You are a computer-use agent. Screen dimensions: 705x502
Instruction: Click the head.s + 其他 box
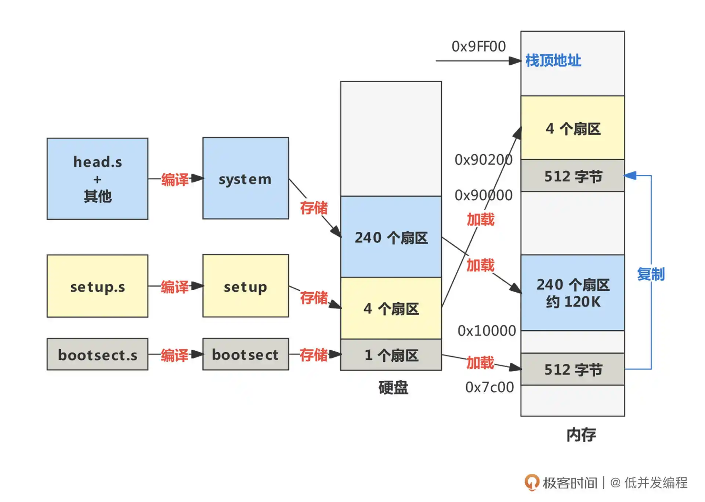click(97, 179)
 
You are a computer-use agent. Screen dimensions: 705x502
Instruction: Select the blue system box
click(246, 178)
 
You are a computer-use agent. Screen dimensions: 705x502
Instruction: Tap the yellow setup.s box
click(97, 286)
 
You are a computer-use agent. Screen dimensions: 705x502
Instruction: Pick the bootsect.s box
click(97, 354)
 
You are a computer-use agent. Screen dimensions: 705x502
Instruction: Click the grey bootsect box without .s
click(246, 354)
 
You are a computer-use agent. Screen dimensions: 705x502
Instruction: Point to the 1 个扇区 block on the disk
click(391, 355)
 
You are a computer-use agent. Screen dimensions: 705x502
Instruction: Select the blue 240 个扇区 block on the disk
click(391, 237)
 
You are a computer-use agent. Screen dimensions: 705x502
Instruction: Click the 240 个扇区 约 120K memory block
click(572, 293)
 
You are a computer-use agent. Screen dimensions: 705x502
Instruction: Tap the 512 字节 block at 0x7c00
click(572, 369)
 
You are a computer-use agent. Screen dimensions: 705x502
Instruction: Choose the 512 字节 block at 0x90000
click(572, 176)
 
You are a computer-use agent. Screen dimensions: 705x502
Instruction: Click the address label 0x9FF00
click(478, 47)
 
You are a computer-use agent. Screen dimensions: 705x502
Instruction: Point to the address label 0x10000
click(487, 331)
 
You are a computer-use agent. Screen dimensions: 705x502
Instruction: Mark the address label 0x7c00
click(489, 387)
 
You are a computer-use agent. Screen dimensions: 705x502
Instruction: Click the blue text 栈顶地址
click(553, 61)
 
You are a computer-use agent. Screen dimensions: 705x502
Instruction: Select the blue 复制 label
click(651, 274)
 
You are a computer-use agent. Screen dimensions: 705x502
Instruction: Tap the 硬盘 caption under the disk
click(393, 387)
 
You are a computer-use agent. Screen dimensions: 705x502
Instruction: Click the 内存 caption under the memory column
click(581, 435)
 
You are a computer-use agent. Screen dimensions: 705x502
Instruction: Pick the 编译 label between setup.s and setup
click(174, 287)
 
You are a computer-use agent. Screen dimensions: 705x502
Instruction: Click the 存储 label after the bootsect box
click(314, 355)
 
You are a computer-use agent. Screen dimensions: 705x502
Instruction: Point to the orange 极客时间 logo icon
click(532, 482)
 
